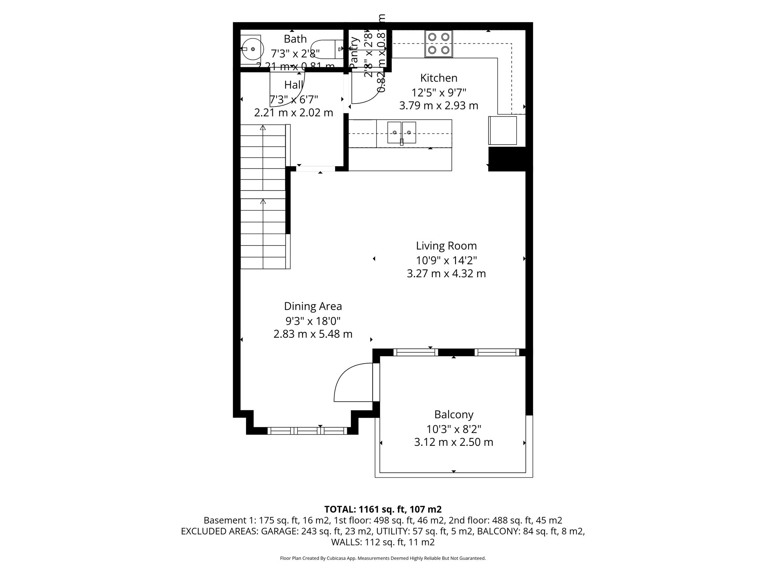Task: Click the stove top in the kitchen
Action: tap(438, 44)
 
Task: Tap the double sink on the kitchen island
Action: tap(402, 133)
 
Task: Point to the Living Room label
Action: tap(446, 246)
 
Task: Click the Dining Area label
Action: tap(313, 306)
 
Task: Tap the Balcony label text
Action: tap(454, 414)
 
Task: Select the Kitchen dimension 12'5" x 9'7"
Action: tap(439, 92)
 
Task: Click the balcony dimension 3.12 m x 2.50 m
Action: tap(453, 442)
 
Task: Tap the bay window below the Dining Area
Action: tap(307, 431)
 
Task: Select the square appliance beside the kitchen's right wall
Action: tap(502, 130)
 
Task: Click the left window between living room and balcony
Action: tap(415, 352)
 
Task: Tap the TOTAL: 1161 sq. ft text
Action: tap(383, 509)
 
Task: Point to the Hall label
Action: tap(294, 85)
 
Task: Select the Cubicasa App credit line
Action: tap(383, 558)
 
